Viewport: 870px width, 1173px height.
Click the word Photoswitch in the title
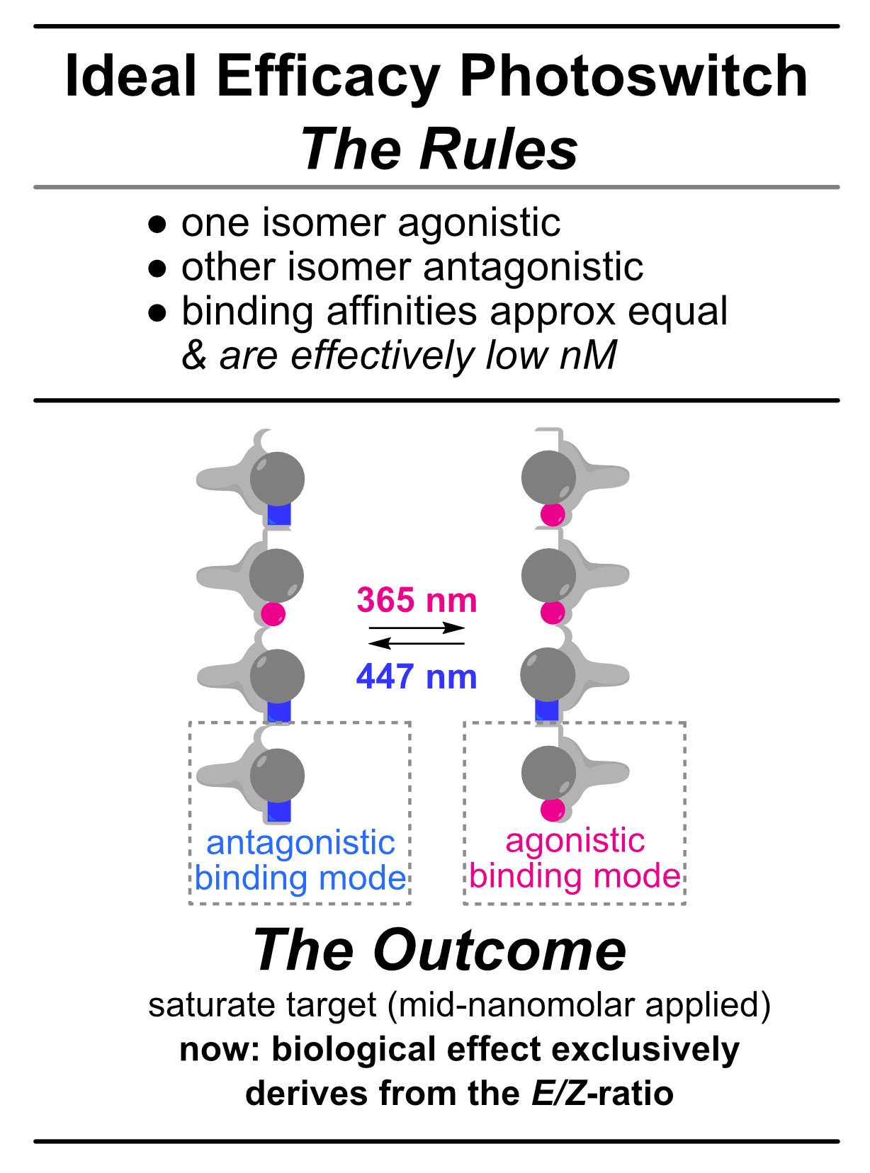pos(633,76)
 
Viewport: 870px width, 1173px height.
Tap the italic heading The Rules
pos(439,149)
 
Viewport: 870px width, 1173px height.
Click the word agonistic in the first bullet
pos(479,222)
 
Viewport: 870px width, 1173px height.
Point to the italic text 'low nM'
pos(551,355)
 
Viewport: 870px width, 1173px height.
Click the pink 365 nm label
pos(417,601)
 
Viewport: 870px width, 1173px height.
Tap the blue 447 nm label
pos(417,677)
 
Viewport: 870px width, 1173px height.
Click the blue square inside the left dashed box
pos(279,810)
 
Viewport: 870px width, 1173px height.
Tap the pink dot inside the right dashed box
pos(553,809)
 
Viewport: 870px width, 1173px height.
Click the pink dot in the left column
pos(273,613)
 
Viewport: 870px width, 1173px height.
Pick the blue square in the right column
pos(547,710)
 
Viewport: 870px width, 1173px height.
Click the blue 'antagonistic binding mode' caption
pos(300,860)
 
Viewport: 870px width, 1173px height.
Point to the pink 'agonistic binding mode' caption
pos(575,858)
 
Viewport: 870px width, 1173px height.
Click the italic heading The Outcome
pos(439,950)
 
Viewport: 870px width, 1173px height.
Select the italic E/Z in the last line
pos(559,1093)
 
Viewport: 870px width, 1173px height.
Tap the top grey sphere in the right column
pos(548,477)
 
